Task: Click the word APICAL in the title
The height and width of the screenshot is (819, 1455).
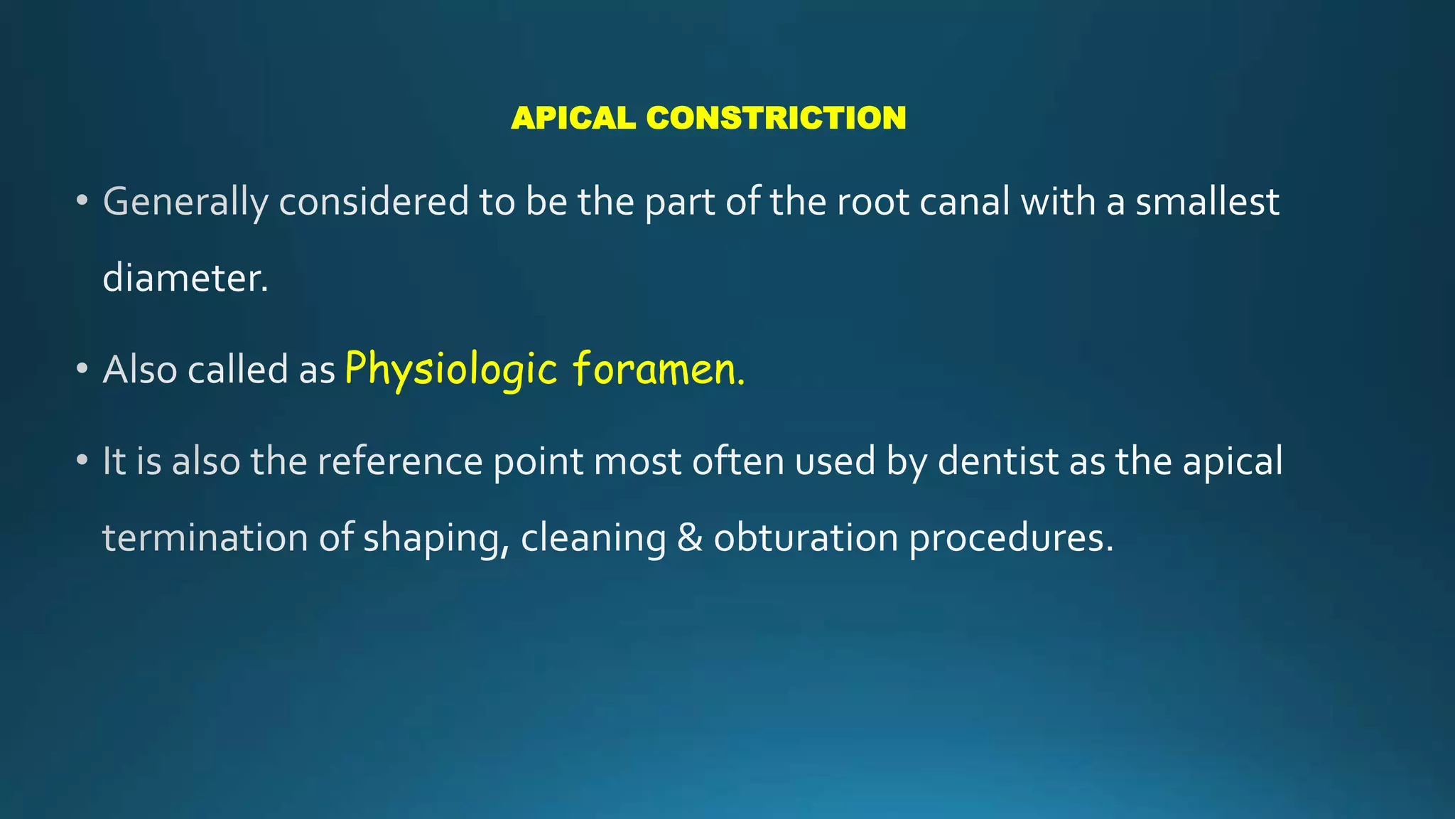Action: [573, 118]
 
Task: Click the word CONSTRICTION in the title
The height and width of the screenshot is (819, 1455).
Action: [776, 118]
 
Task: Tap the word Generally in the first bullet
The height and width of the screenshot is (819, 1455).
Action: [185, 203]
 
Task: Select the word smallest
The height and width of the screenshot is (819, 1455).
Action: [1207, 202]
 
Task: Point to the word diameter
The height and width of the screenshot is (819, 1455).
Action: [185, 278]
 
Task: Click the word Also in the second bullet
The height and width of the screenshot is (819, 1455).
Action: [139, 370]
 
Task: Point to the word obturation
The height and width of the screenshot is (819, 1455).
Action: [806, 537]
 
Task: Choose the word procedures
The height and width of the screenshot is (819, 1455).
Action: [1011, 539]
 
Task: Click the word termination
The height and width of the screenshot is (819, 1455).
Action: [205, 537]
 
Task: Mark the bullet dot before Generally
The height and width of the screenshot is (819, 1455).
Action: [82, 201]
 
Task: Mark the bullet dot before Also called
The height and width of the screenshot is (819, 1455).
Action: [82, 369]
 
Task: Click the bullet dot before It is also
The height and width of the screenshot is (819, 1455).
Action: [82, 461]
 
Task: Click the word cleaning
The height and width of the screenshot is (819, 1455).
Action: [593, 539]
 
